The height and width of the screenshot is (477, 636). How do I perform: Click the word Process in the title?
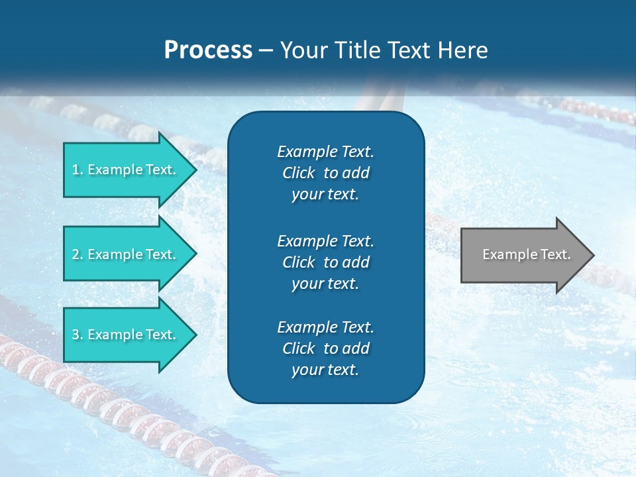(208, 50)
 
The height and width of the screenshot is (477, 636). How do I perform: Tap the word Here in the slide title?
(463, 50)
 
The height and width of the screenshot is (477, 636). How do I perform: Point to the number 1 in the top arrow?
(76, 170)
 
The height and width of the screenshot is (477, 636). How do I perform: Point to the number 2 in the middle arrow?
(76, 254)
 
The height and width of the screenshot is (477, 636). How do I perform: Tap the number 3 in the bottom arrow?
(76, 335)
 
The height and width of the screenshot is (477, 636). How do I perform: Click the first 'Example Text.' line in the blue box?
(325, 152)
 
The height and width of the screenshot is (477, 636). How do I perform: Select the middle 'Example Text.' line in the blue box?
(325, 240)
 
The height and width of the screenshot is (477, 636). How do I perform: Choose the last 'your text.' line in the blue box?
(325, 370)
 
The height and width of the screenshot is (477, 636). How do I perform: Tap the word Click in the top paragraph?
(298, 173)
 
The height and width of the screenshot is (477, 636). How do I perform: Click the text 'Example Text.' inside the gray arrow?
(526, 254)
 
